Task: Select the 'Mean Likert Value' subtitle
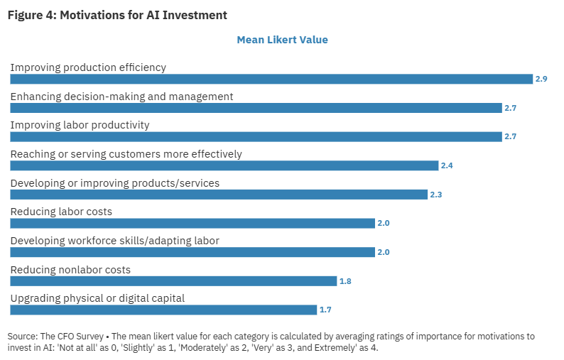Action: pyautogui.click(x=282, y=40)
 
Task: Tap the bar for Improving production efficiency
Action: pyautogui.click(x=271, y=79)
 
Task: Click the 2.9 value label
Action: pyautogui.click(x=541, y=79)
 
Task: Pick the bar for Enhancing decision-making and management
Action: pyautogui.click(x=256, y=108)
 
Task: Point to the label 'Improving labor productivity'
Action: pyautogui.click(x=80, y=125)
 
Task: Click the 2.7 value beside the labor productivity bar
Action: pyautogui.click(x=510, y=136)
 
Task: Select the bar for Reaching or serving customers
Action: pyautogui.click(x=224, y=165)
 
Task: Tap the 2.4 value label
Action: pyautogui.click(x=447, y=165)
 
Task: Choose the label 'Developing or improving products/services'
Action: pyautogui.click(x=114, y=183)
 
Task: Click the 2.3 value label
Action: pyautogui.click(x=435, y=195)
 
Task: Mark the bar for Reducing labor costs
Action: pyautogui.click(x=192, y=223)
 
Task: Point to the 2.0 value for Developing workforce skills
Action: pyautogui.click(x=383, y=252)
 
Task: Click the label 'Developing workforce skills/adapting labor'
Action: pyautogui.click(x=114, y=241)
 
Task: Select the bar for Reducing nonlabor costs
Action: pyautogui.click(x=173, y=281)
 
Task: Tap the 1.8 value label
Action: pyautogui.click(x=345, y=281)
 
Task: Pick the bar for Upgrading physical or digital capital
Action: pyautogui.click(x=163, y=310)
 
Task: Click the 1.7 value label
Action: pyautogui.click(x=325, y=310)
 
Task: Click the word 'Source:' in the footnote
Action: pyautogui.click(x=23, y=336)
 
